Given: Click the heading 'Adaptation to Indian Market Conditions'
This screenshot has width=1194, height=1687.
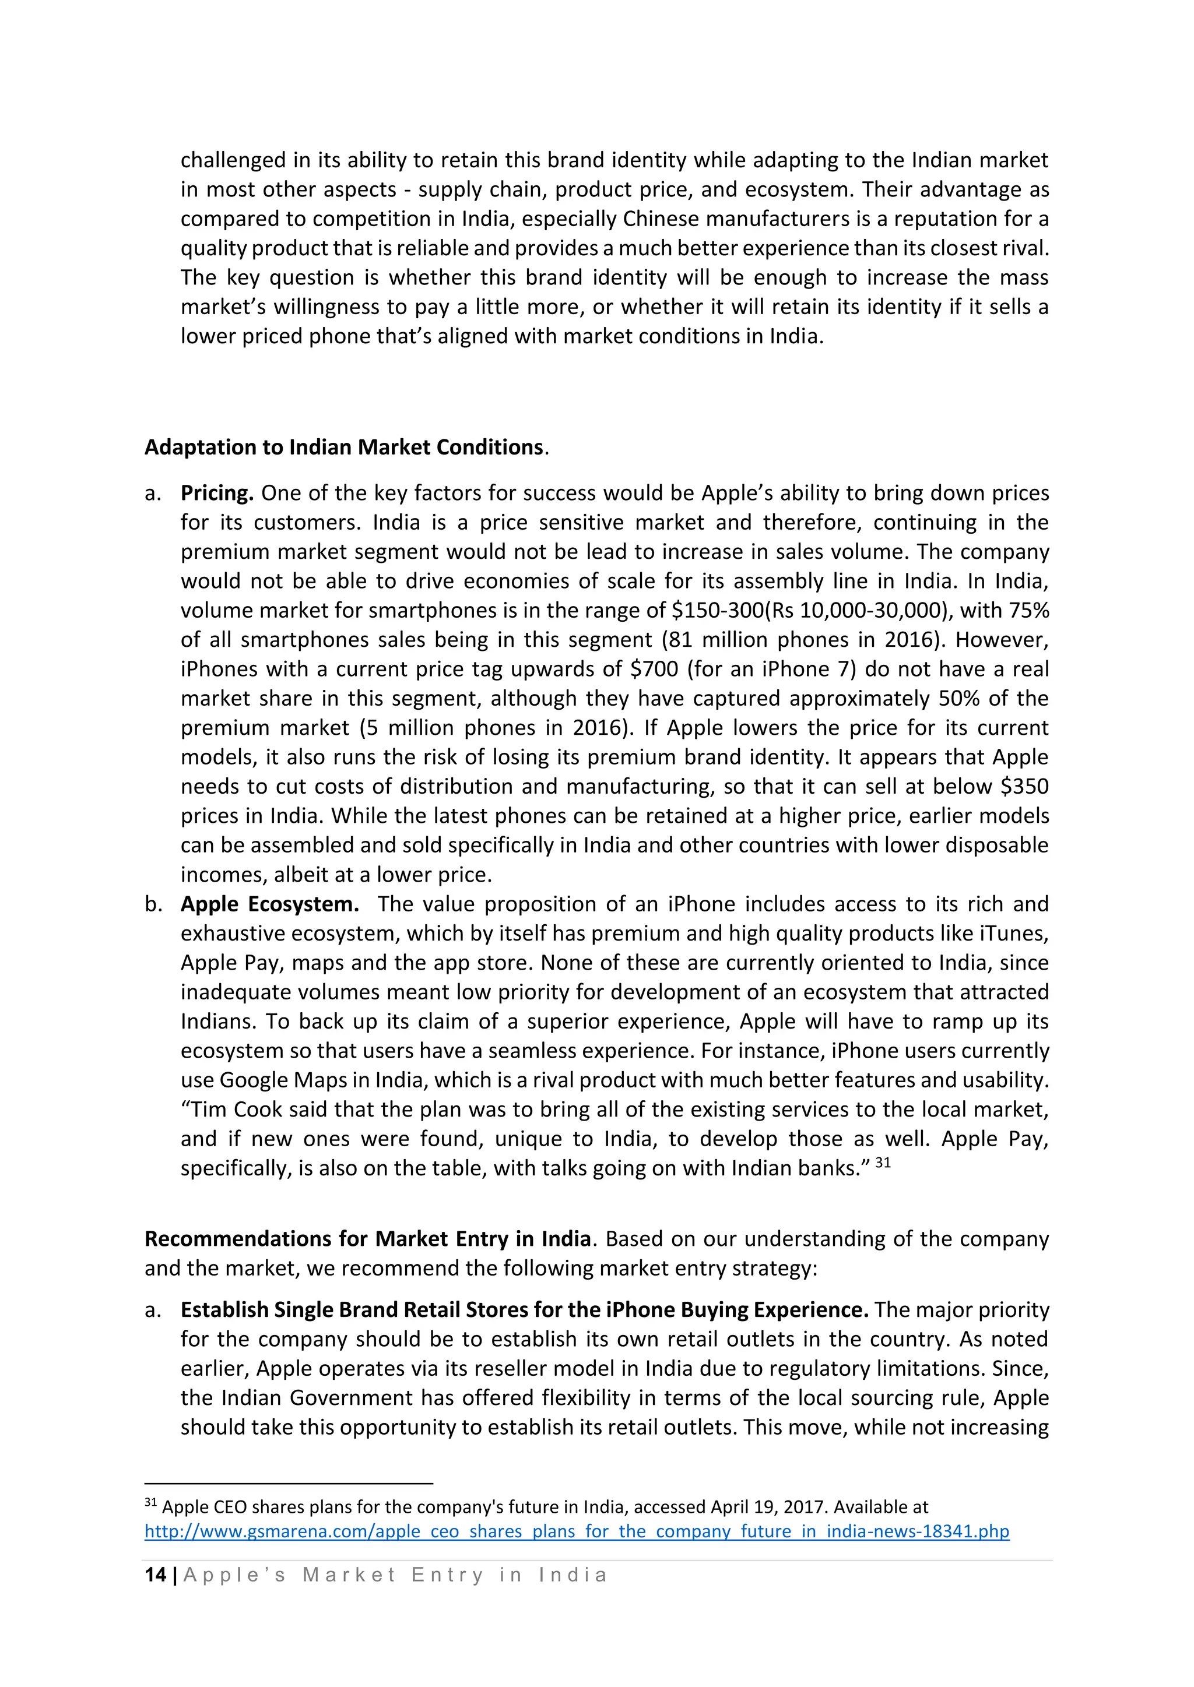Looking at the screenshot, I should click(344, 447).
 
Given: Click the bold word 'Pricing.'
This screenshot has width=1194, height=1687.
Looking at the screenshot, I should click(217, 492).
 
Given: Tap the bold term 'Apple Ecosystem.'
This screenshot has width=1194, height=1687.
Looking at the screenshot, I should click(270, 904).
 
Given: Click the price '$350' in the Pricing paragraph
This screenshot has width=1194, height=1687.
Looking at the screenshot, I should click(1024, 786).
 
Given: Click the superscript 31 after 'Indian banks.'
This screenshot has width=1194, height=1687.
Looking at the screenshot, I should click(883, 1163).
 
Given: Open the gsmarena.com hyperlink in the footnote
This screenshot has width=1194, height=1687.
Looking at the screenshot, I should click(577, 1531).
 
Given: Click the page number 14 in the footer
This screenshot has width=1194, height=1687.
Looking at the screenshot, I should click(155, 1575).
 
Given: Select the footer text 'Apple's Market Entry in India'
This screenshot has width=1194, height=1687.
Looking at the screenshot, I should click(395, 1575).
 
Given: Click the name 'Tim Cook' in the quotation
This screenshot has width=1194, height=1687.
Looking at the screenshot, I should click(237, 1110).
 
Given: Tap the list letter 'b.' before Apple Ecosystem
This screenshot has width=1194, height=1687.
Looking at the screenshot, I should click(153, 904).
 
